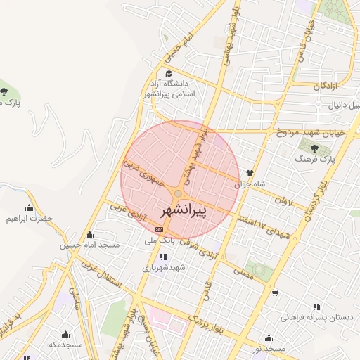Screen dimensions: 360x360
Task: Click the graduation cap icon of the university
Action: tap(168, 73)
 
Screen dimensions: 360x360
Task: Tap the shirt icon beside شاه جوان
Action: tap(249, 172)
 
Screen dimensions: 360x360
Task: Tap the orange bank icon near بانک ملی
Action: tap(160, 229)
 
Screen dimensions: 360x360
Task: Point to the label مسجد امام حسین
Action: tap(89, 245)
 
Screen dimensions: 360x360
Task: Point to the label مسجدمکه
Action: tap(65, 345)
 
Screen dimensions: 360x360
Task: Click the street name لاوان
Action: tap(283, 200)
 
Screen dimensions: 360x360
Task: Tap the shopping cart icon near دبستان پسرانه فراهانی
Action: tap(275, 293)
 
